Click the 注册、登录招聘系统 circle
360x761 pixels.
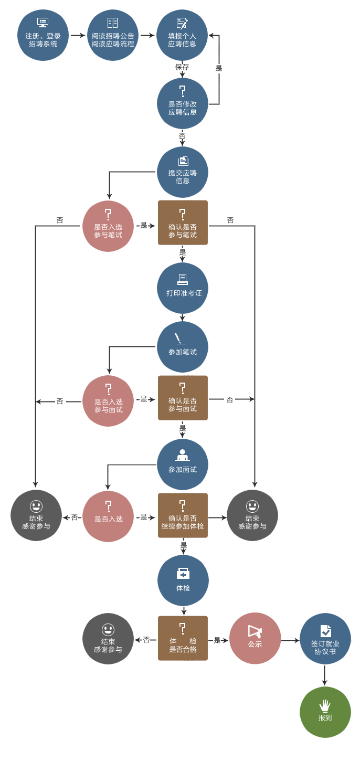coord(43,35)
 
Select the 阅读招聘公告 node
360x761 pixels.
coord(113,35)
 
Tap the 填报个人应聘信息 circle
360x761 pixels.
coord(182,35)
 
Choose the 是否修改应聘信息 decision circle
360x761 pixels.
coord(182,103)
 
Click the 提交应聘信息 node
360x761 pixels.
coord(182,172)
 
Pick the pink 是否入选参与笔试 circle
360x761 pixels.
coord(108,226)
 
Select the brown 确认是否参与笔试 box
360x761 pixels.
coord(183,223)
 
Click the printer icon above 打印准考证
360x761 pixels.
coord(183,279)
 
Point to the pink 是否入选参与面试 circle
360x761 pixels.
coord(108,400)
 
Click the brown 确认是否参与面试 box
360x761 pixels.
coord(183,398)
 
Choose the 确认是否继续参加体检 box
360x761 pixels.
coord(183,515)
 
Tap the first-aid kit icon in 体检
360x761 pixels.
coord(183,574)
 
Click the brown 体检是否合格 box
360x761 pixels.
coord(183,638)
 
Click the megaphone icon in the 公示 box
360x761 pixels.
coord(255,631)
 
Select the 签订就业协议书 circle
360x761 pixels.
coord(325,639)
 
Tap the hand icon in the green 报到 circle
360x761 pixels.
coord(325,705)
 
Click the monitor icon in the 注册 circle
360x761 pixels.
coord(43,23)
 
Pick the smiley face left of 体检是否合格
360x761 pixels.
coord(108,629)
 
